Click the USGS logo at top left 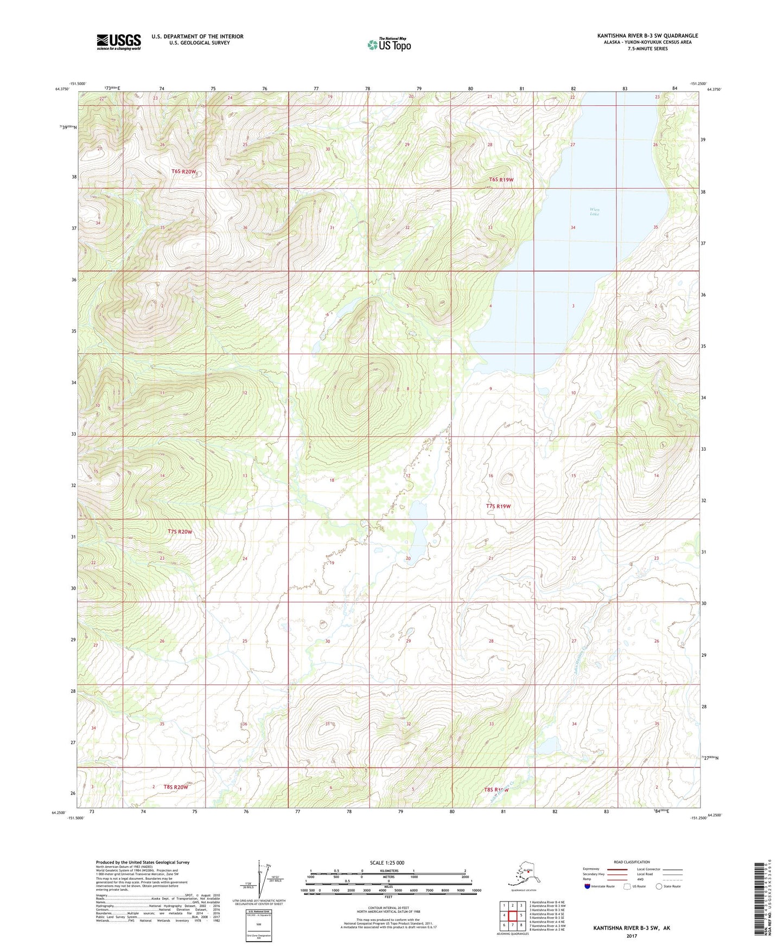tap(119, 42)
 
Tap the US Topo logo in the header tap(389, 44)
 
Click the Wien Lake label tap(594, 212)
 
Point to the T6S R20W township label tap(183, 171)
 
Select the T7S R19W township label tap(498, 506)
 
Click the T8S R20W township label tap(176, 786)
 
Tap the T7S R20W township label tap(180, 532)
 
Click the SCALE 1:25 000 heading tap(387, 862)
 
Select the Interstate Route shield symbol tap(588, 886)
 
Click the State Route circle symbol tap(659, 886)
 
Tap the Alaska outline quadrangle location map tap(523, 874)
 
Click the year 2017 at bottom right tap(631, 936)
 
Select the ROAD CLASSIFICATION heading tap(632, 862)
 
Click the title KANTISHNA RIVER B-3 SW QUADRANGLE tap(647, 36)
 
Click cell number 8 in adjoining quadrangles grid tap(521, 925)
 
